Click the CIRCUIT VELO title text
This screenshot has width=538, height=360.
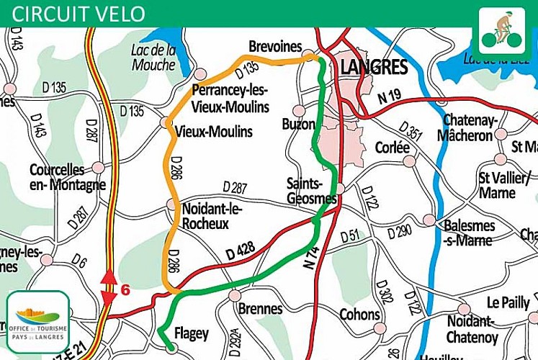pos(79,13)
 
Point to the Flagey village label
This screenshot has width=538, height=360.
pos(190,333)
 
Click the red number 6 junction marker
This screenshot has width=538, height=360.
pos(125,290)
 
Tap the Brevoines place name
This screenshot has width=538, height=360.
pos(274,47)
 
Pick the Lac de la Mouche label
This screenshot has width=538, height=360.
pos(154,58)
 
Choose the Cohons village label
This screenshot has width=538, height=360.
pos(359,314)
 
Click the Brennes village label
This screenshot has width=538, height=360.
pos(260,309)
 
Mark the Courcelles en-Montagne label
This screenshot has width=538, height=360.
pos(67,178)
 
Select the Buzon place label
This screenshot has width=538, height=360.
pos(298,124)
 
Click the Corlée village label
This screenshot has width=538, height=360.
pos(392,147)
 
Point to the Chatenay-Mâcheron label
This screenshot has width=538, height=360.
pos(467,127)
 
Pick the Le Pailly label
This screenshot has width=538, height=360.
pos(508,302)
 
